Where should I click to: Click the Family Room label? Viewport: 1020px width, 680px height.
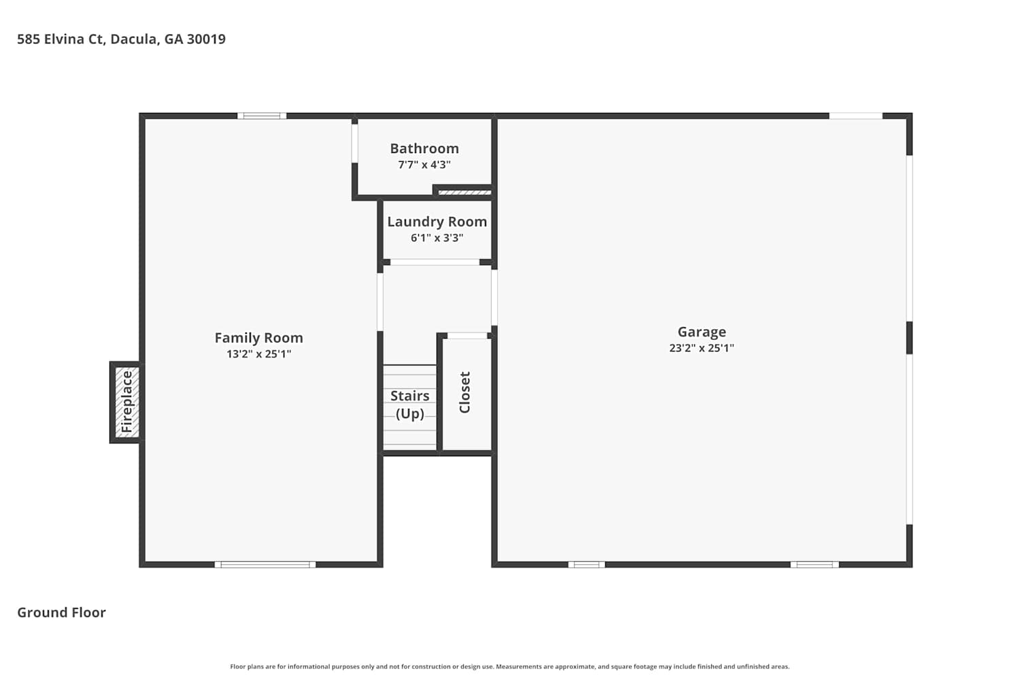tap(258, 338)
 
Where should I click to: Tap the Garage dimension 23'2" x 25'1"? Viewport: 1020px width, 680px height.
tap(702, 348)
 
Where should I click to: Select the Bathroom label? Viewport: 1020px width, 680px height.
tap(424, 148)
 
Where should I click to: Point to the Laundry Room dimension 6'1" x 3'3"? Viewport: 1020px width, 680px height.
tap(437, 238)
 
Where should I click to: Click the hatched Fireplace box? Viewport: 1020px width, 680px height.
tap(127, 402)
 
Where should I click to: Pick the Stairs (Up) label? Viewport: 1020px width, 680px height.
tap(410, 405)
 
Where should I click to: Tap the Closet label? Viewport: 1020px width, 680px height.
tap(464, 392)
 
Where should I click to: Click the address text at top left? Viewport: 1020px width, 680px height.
tap(121, 39)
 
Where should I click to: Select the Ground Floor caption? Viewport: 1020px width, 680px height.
tap(61, 613)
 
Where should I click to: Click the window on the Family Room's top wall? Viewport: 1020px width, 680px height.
tap(262, 116)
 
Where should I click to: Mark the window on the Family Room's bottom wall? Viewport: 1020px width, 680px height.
tap(265, 565)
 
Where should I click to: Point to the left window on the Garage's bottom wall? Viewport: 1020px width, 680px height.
tap(586, 565)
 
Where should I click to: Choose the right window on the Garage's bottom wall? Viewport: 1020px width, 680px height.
tap(815, 565)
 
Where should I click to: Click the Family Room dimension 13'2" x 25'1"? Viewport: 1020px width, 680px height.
tap(258, 354)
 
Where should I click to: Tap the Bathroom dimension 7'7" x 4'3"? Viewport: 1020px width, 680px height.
tap(424, 165)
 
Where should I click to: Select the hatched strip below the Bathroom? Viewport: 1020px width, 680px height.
tap(465, 192)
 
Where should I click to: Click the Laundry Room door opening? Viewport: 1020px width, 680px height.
tap(435, 262)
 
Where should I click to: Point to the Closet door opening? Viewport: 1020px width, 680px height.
tap(467, 336)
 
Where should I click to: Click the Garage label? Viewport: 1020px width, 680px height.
tap(702, 332)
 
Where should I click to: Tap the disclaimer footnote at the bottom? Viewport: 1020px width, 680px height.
tap(509, 667)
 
